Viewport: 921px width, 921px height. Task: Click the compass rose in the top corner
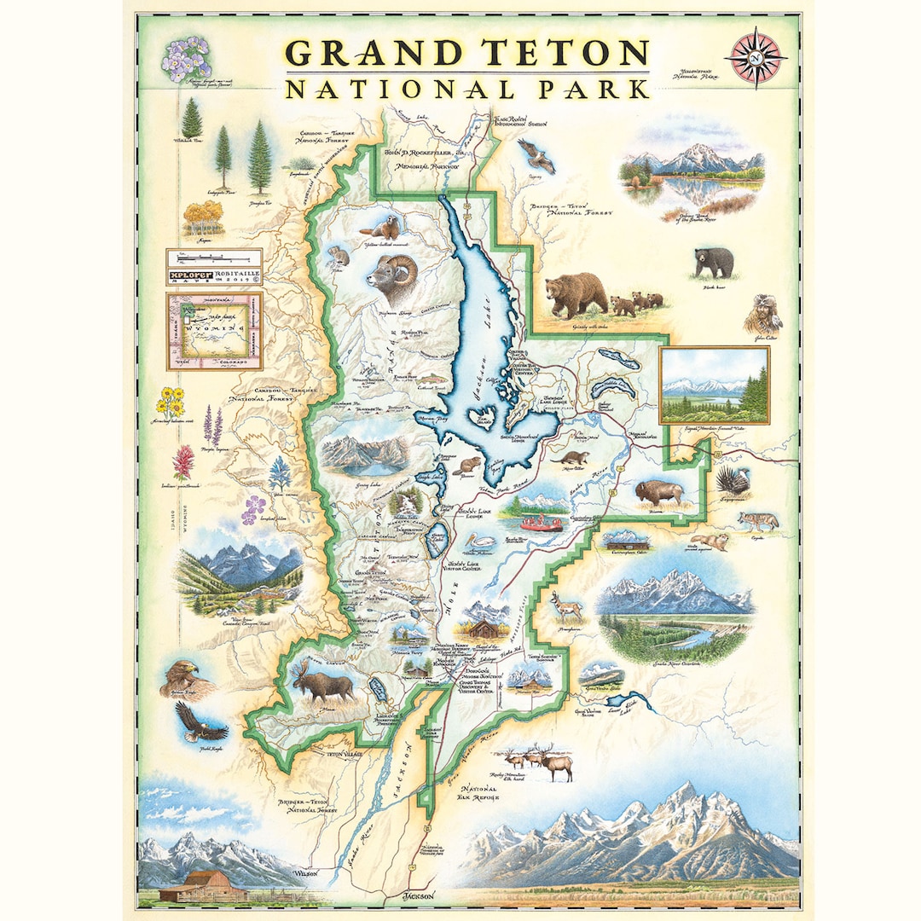(x=755, y=56)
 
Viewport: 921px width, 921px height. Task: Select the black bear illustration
(x=713, y=262)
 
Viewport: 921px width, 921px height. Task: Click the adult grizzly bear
(x=576, y=294)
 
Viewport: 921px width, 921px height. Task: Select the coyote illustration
(x=757, y=520)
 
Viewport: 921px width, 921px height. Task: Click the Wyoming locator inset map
(x=213, y=331)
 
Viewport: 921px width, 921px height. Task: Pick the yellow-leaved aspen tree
(x=203, y=218)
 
